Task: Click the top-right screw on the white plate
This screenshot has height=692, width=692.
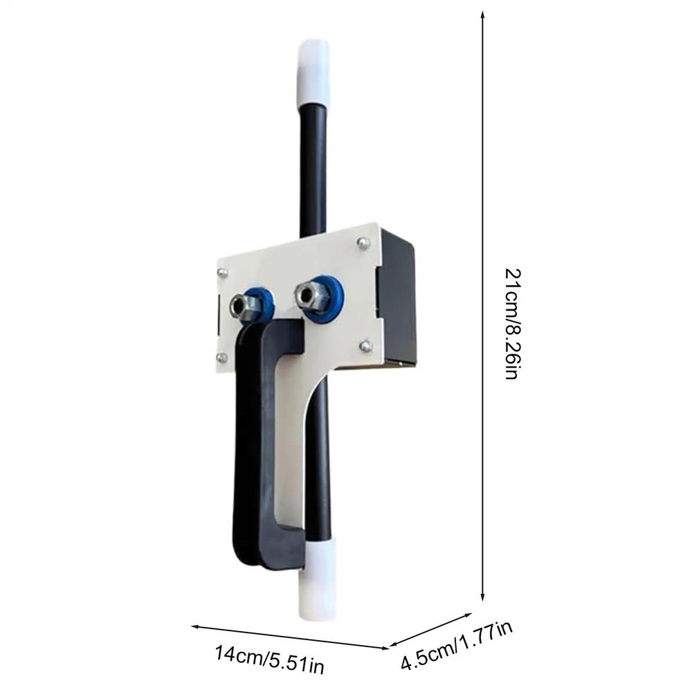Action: coord(363,242)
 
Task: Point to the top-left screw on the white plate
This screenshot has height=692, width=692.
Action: coord(222,273)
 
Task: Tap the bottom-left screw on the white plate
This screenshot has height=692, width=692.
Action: coord(222,356)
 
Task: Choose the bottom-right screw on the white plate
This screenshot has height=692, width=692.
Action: coord(365,345)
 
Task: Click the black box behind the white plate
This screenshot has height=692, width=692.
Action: coord(397,298)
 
